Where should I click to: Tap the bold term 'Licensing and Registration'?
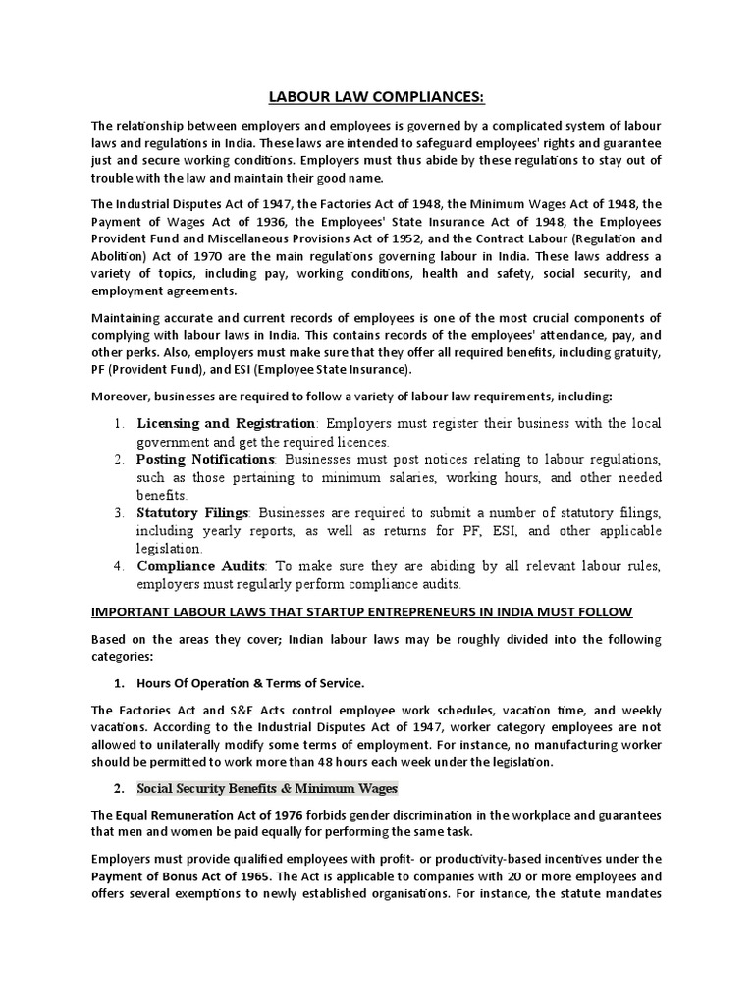tap(226, 423)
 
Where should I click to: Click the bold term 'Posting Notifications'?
tap(205, 459)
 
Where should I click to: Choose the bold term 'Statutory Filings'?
tap(193, 512)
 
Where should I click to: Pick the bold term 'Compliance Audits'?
tap(201, 565)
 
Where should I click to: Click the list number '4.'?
tap(117, 565)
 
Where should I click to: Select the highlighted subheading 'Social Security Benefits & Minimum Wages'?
tap(267, 788)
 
